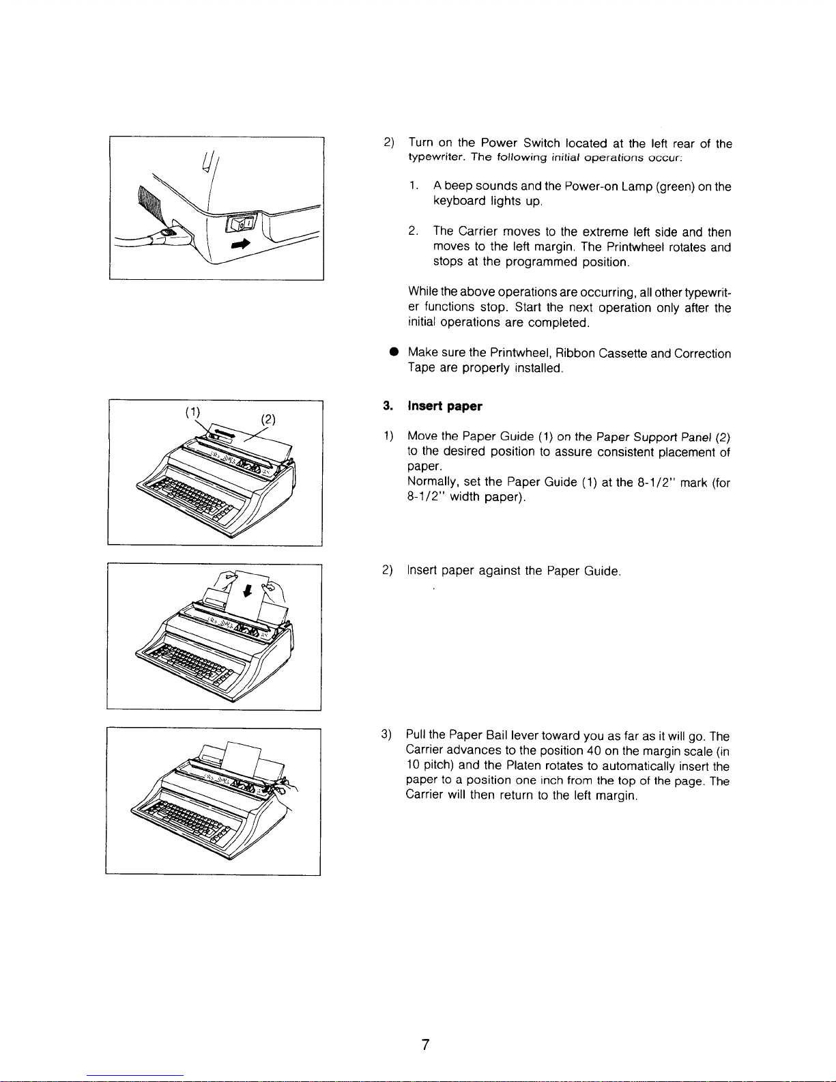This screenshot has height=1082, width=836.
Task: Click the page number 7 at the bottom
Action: point(424,1044)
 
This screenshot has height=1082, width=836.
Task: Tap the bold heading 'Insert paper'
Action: point(444,407)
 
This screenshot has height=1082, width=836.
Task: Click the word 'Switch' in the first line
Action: point(541,143)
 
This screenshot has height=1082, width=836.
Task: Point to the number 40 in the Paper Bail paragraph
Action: point(593,752)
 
